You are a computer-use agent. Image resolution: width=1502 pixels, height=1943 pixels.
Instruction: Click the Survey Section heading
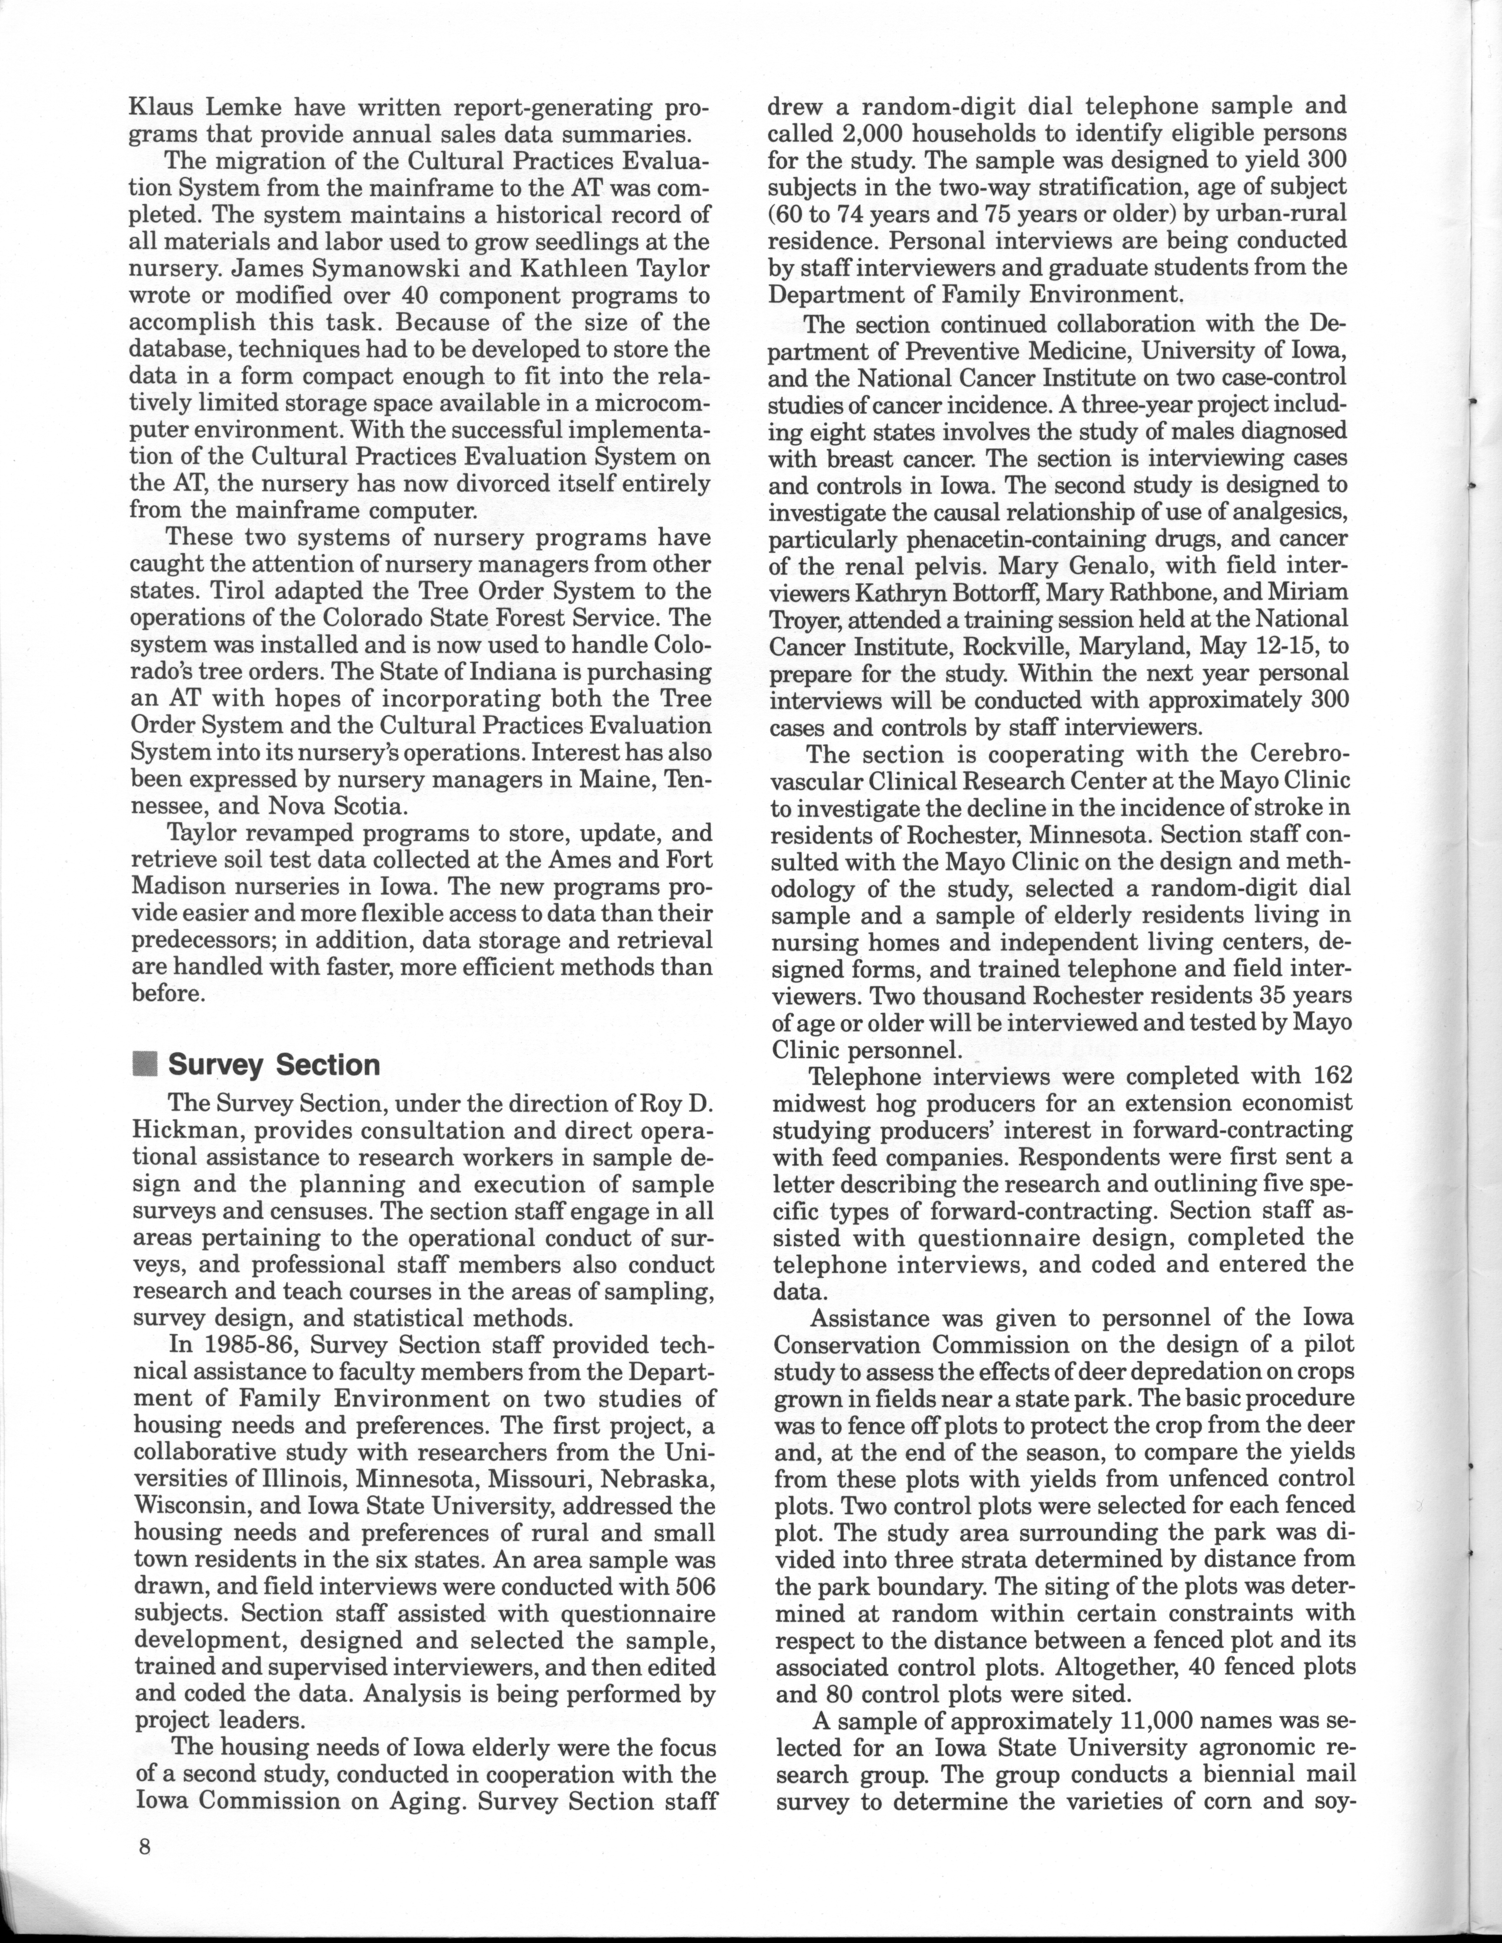click(274, 1065)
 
